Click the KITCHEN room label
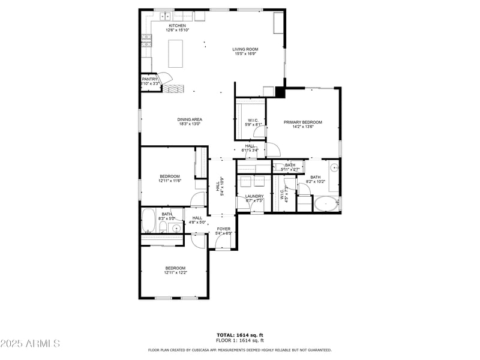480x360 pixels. (177, 26)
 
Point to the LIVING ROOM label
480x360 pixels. (245, 49)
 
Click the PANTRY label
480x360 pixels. (150, 79)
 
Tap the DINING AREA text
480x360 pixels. (189, 119)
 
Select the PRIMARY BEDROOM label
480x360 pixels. (303, 122)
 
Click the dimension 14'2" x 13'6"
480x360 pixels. (303, 127)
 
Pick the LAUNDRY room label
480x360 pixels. (254, 196)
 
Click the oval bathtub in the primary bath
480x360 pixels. (326, 204)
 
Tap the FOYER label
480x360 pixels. (223, 229)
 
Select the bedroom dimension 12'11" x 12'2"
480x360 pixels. (175, 272)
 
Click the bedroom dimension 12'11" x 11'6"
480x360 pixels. (170, 181)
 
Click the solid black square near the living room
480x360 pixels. (280, 93)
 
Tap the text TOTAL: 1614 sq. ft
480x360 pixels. (240, 335)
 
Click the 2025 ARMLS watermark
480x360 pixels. (30, 343)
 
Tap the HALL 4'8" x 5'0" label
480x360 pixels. (197, 220)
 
